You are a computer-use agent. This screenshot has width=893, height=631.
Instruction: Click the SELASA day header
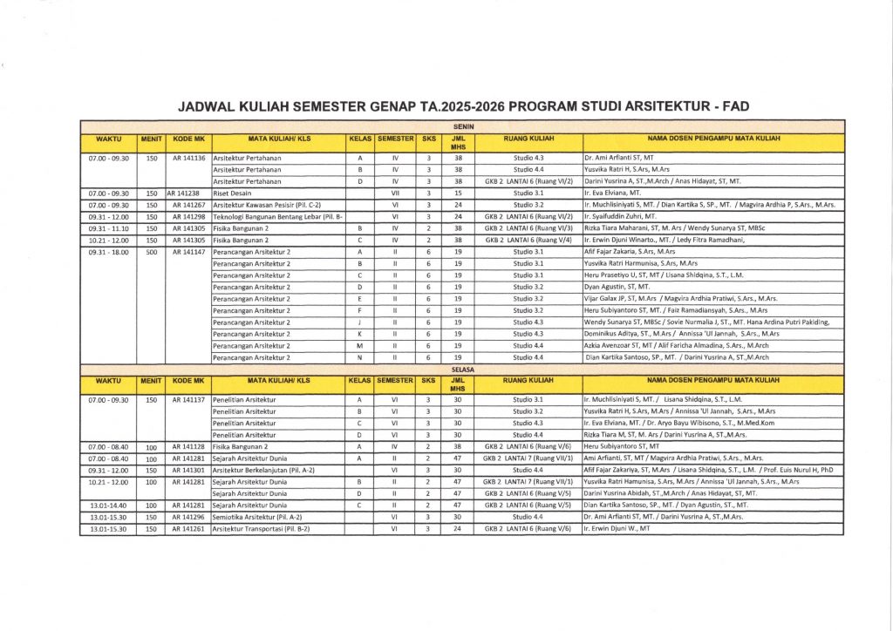pos(461,370)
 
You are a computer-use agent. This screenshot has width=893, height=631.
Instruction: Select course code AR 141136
pos(187,158)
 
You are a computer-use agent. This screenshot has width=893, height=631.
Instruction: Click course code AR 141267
pos(187,205)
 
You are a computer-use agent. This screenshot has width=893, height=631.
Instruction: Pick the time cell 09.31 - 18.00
pos(108,252)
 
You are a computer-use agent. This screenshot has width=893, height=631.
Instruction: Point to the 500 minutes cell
pos(151,252)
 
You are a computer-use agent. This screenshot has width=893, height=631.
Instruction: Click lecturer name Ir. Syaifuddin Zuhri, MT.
pos(627,216)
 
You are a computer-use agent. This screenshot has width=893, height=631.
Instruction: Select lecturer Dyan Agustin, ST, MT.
pos(617,287)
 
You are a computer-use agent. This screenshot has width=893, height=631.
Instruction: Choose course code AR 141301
pos(187,470)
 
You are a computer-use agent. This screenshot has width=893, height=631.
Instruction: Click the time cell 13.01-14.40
pos(108,505)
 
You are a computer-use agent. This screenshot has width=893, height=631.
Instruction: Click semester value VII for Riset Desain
pos(395,193)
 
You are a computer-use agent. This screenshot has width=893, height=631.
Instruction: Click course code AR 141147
pos(187,252)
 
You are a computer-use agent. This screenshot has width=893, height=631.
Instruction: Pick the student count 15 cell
pos(458,193)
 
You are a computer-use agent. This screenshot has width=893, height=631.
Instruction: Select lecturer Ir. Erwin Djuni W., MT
pos(617,529)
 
